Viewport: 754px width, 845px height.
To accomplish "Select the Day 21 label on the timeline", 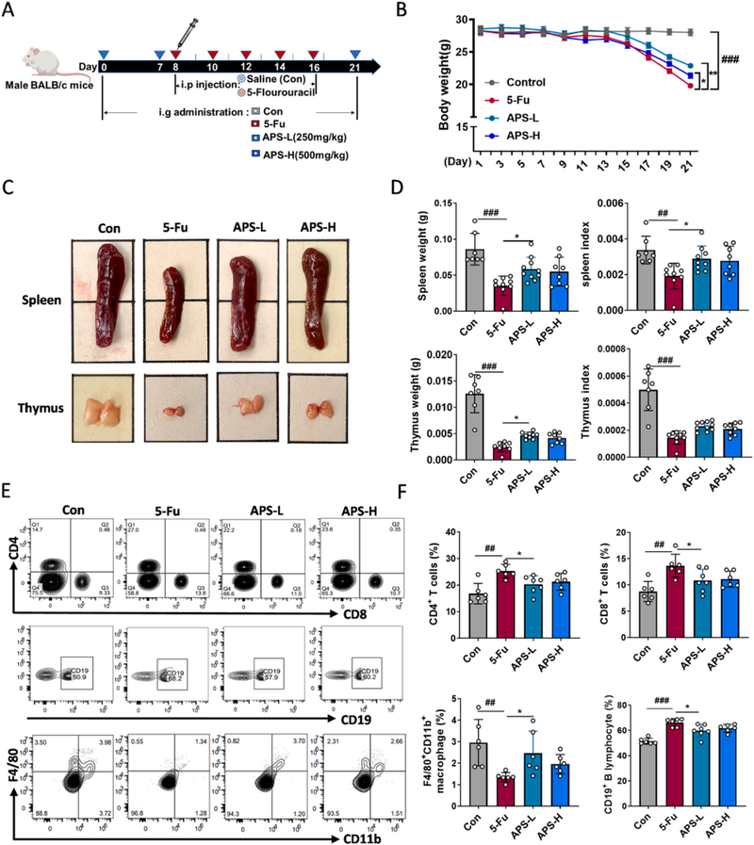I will coord(354,67).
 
